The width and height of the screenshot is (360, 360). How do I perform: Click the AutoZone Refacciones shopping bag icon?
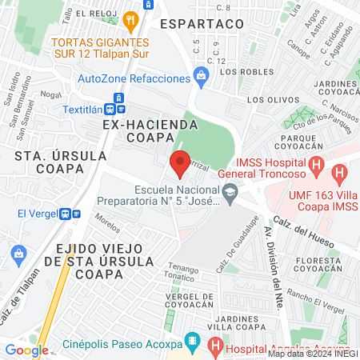pos(201,78)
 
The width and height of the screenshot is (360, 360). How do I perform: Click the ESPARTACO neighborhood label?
pos(201,25)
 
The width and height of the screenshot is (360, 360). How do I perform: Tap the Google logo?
pos(26,350)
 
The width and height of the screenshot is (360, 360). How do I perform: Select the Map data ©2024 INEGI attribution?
pos(312,354)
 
